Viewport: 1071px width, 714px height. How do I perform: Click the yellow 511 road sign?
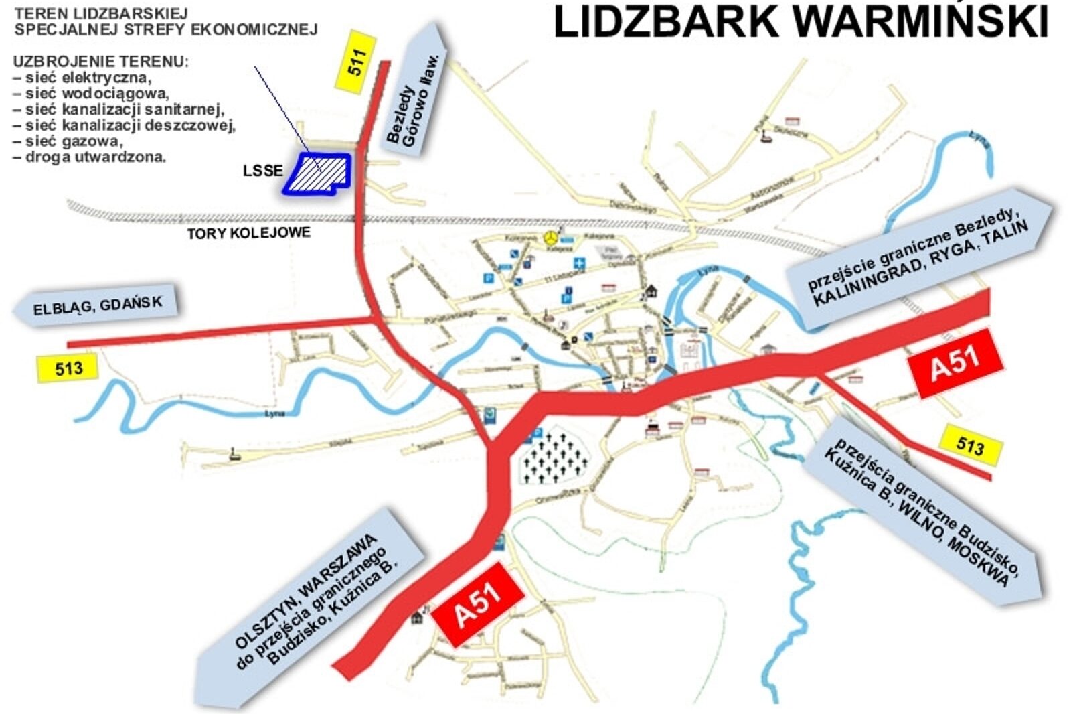pyautogui.click(x=355, y=62)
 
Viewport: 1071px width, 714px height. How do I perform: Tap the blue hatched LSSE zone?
pyautogui.click(x=318, y=173)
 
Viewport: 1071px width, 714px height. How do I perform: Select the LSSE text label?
pyautogui.click(x=262, y=171)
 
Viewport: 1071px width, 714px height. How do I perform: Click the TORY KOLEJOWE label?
pyautogui.click(x=248, y=233)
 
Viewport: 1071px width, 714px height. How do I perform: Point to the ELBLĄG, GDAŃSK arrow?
pyautogui.click(x=97, y=305)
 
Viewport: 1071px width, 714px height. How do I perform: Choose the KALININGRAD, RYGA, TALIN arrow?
pyautogui.click(x=917, y=258)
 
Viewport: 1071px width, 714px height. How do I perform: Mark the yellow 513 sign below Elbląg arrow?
pyautogui.click(x=68, y=368)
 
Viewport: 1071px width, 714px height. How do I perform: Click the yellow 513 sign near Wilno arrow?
pyautogui.click(x=970, y=445)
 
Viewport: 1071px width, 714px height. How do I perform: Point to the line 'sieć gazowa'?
pyautogui.click(x=74, y=141)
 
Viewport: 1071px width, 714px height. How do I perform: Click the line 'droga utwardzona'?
pyautogui.click(x=95, y=157)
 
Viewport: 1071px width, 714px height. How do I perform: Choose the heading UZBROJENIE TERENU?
pyautogui.click(x=100, y=62)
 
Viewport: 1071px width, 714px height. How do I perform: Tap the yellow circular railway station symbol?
pyautogui.click(x=550, y=238)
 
